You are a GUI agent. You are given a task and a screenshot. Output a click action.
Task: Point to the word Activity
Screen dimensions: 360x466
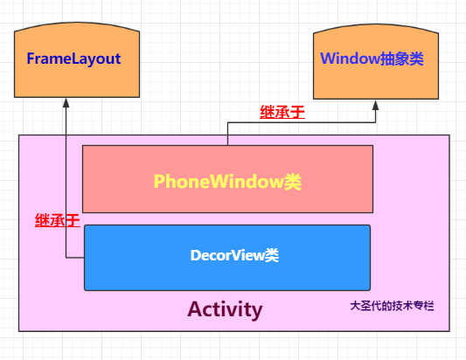coord(225,309)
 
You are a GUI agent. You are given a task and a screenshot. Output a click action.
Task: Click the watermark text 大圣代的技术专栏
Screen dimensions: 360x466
coord(392,306)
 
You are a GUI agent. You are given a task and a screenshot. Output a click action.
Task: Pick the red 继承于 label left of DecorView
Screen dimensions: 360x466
coord(57,220)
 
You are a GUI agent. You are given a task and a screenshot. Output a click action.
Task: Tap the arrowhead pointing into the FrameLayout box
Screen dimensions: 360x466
coord(66,101)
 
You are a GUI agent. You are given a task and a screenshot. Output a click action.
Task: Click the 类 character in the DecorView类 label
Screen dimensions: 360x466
coord(272,255)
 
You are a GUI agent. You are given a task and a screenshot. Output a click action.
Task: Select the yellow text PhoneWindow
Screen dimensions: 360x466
coord(218,181)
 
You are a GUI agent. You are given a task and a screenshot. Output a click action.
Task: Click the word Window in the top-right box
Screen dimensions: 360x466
coord(349,59)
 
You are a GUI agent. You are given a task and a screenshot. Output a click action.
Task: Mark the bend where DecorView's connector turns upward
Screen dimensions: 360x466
coord(66,258)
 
